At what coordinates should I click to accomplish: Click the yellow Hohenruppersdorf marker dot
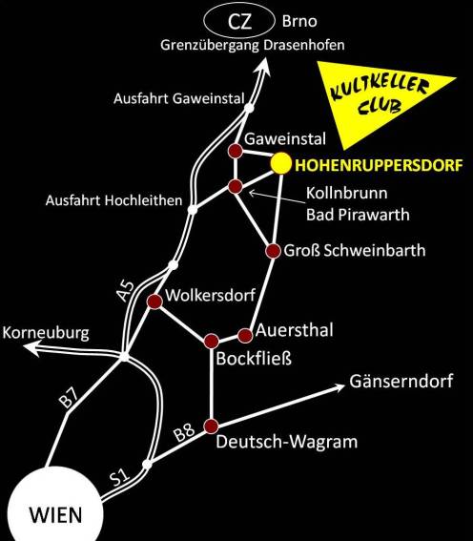point(281,163)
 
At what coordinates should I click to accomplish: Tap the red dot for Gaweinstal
point(236,151)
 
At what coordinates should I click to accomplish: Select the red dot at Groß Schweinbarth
point(274,251)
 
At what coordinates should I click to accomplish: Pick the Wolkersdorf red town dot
point(154,302)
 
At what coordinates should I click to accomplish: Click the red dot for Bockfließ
point(212,342)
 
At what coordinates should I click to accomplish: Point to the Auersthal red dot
point(245,335)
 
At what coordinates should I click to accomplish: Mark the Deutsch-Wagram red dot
point(212,427)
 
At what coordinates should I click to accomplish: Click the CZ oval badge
point(239,21)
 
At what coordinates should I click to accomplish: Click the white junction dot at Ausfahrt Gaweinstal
point(249,108)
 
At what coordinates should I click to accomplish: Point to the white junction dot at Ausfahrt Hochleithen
point(193,209)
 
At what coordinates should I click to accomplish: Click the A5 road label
point(126,291)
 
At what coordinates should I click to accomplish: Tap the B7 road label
point(69,398)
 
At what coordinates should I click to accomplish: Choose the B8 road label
point(184,432)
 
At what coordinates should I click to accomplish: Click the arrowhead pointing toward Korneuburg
point(31,347)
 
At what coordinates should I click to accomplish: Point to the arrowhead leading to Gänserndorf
point(339,387)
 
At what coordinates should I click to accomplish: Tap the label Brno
point(299,21)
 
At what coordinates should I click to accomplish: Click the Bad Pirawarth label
point(358,215)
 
